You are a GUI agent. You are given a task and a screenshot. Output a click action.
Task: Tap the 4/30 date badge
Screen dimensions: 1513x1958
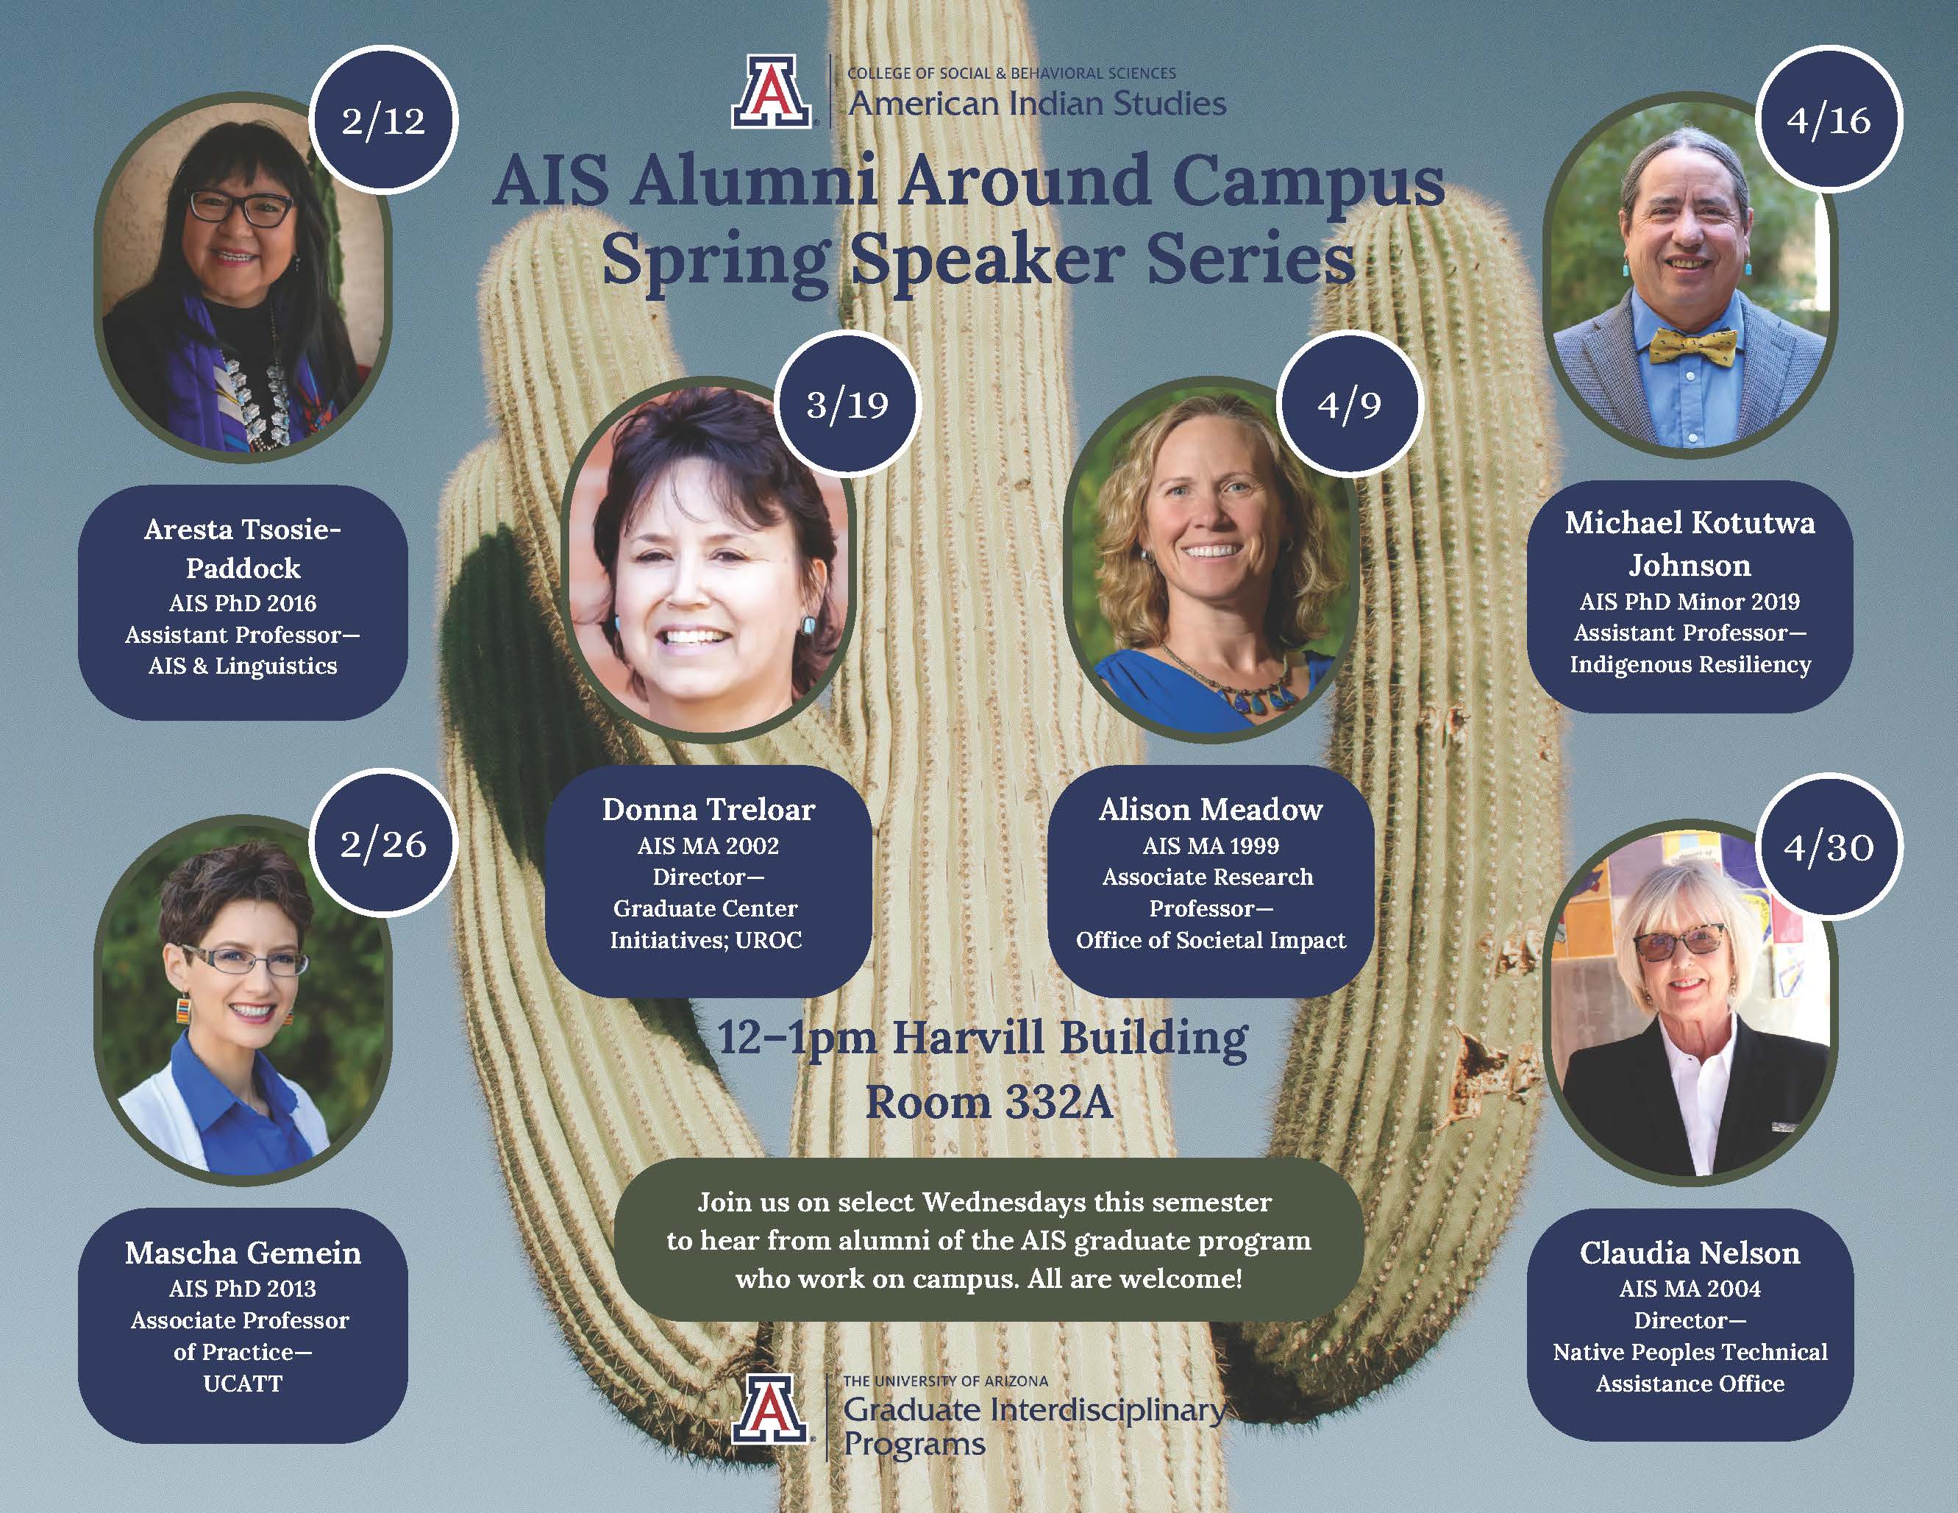coord(1828,846)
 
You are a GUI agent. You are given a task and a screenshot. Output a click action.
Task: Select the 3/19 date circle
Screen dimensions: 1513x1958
coord(847,405)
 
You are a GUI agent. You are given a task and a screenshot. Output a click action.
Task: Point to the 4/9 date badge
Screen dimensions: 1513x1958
coord(1348,405)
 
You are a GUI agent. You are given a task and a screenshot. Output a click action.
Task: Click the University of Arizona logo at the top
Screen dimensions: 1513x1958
coord(772,91)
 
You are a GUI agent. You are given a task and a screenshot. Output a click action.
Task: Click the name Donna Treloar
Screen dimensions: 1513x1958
coord(708,809)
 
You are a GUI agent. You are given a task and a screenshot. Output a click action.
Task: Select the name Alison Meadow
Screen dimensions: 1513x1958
coord(1210,809)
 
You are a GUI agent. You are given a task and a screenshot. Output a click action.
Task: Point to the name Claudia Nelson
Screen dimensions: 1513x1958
coord(1689,1252)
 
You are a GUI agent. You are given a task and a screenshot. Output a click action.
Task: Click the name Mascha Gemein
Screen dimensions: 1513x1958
coord(243,1252)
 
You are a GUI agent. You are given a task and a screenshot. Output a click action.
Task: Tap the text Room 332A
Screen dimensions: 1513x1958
coord(989,1103)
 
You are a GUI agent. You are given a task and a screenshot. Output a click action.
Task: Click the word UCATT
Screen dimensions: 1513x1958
coord(243,1383)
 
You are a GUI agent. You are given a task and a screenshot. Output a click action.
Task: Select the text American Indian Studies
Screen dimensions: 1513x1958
coord(1036,104)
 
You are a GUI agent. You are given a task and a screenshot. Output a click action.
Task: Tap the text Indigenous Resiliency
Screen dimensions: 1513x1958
coord(1689,664)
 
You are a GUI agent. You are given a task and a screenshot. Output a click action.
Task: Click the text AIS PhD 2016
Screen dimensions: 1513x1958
coord(243,602)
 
